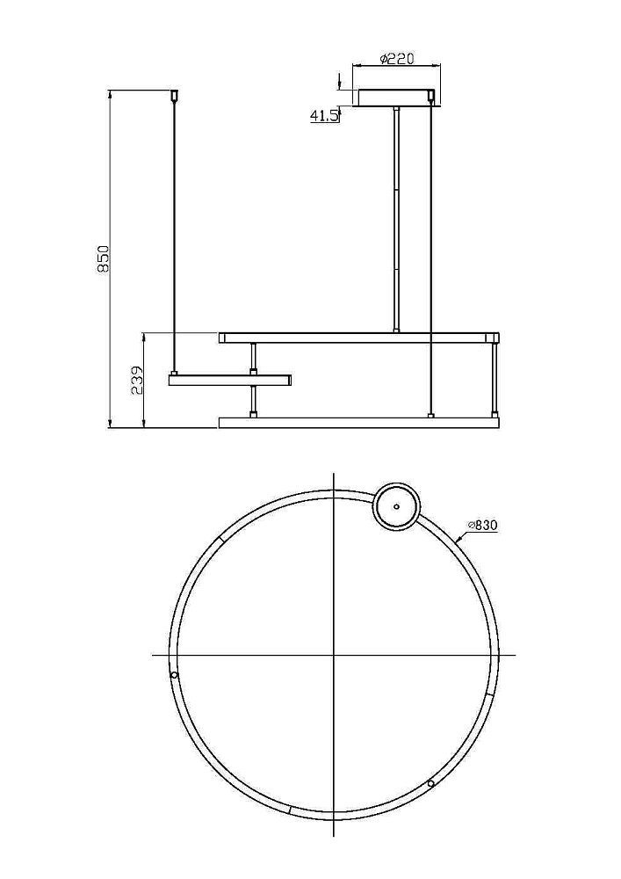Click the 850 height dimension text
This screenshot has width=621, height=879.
point(103,258)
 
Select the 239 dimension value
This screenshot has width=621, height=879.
point(137,381)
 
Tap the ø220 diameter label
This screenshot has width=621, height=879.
point(396,58)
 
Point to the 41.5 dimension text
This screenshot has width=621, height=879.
point(324,116)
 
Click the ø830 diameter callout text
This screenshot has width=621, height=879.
point(483,526)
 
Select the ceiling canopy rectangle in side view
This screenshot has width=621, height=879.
point(396,98)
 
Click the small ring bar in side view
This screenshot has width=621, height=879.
point(230,380)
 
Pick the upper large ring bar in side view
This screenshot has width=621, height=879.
point(359,338)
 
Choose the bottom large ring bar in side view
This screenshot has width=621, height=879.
point(359,422)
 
